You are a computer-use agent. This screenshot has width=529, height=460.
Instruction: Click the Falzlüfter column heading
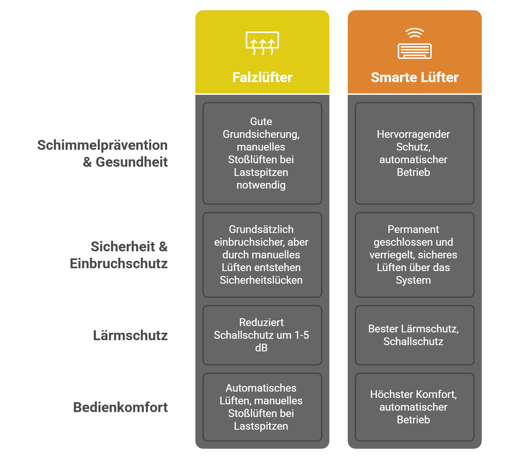coord(262,78)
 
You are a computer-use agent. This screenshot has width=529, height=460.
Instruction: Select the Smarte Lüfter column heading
coord(414,78)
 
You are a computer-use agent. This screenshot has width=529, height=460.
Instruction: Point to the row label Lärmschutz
coord(130,335)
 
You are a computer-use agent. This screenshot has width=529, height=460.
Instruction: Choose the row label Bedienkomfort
coord(120,407)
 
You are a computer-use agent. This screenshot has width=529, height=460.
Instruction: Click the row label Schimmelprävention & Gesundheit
coord(103,153)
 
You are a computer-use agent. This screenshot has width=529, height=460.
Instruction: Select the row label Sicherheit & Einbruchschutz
coord(119,255)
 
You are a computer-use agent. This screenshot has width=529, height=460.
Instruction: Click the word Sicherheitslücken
coord(261,280)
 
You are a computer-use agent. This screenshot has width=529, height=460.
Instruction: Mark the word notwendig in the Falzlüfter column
coord(261,185)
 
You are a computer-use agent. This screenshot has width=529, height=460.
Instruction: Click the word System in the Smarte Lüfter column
coord(413,280)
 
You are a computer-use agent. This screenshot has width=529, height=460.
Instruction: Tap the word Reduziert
coord(261,323)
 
